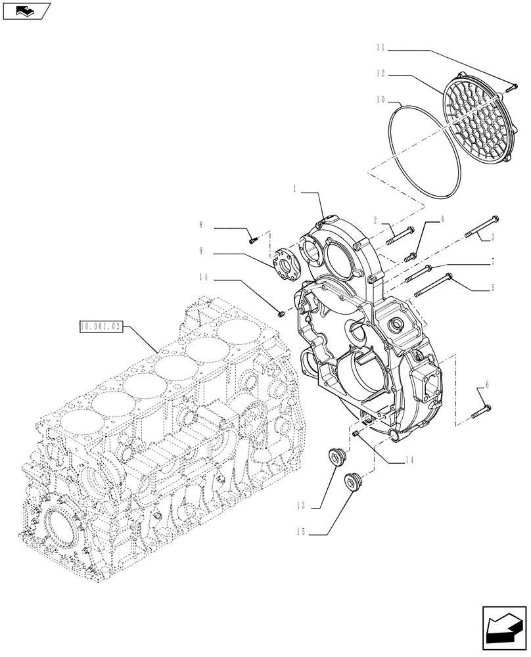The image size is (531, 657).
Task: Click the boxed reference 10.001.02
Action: pos(100,327)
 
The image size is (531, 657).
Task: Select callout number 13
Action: pos(302,506)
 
